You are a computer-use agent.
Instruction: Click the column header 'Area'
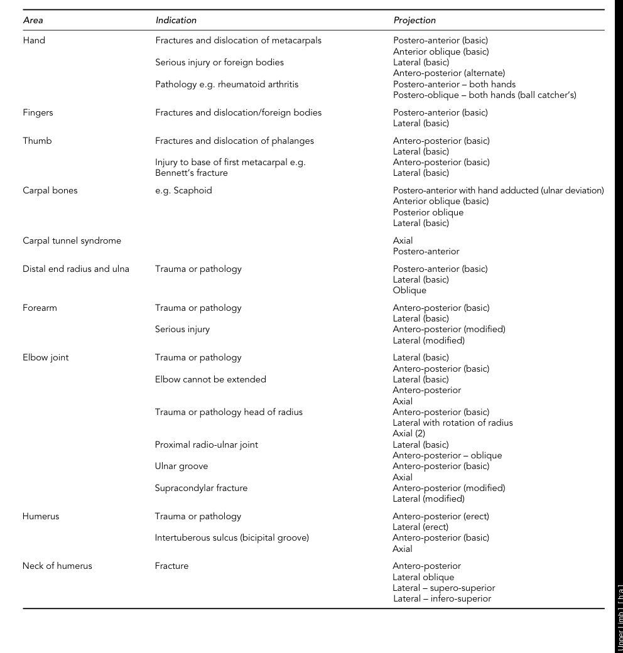[33, 20]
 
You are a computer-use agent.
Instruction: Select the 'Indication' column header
[176, 20]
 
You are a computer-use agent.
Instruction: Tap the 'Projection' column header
[414, 20]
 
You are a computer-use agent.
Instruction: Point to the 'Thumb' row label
[37, 141]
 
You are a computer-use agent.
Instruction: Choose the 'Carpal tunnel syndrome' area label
[72, 240]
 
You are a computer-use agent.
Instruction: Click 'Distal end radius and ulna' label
[76, 269]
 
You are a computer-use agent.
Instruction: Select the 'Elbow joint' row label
[46, 358]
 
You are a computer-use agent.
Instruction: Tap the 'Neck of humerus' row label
[57, 566]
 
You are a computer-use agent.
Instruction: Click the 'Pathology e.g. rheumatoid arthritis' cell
[227, 84]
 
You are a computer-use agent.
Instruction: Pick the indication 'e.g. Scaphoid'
[183, 191]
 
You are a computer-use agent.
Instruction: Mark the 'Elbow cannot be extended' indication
[210, 379]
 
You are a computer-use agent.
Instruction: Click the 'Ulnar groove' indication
[181, 466]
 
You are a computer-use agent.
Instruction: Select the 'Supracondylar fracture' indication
[201, 488]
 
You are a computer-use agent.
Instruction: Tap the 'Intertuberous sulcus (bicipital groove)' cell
[232, 537]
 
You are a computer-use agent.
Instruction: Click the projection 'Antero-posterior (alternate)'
[449, 73]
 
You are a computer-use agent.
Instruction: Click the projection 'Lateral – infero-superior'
[442, 598]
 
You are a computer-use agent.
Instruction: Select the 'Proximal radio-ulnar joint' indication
[207, 445]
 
